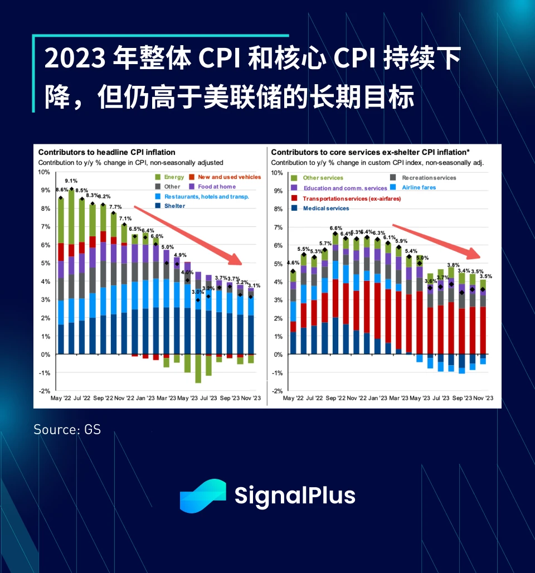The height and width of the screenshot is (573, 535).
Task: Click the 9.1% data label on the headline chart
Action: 71,181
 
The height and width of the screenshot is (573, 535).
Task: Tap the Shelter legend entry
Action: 173,206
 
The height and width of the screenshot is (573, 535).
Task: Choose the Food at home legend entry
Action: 215,186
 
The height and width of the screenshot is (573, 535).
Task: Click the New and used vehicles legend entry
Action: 229,177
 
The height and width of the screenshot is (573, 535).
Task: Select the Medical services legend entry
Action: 325,208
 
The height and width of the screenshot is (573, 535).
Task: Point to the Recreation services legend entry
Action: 429,178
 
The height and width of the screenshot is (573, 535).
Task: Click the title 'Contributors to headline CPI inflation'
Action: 106,152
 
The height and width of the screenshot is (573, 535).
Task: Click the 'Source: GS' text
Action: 67,429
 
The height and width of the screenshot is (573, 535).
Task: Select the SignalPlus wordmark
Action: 295,495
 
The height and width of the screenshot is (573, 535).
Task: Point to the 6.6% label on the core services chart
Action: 335,228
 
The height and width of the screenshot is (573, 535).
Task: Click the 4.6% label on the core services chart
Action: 293,263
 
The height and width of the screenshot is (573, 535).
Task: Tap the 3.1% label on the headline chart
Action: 253,285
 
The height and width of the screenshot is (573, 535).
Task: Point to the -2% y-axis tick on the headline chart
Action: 43,391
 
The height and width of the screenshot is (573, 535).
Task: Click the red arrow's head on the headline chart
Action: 240,263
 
